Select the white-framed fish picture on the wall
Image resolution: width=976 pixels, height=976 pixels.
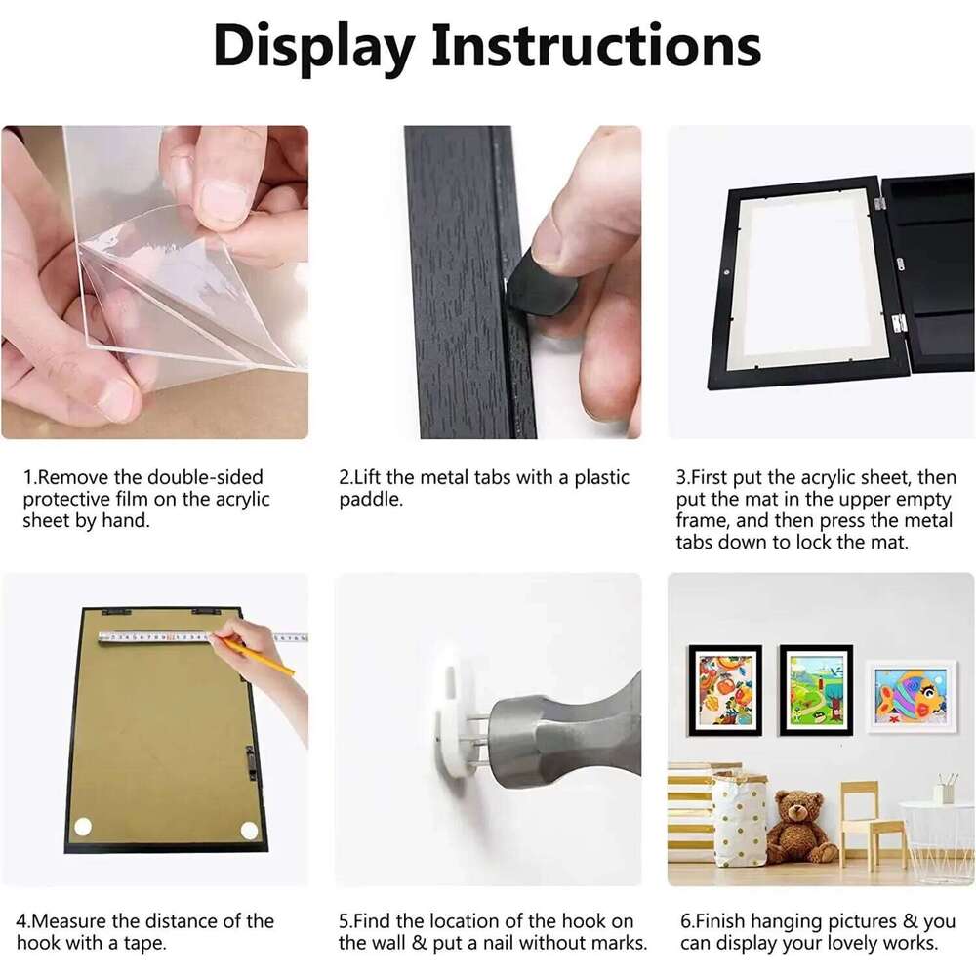click(x=910, y=696)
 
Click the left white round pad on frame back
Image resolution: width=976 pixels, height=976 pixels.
click(x=83, y=827)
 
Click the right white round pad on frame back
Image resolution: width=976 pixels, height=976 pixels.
click(x=249, y=831)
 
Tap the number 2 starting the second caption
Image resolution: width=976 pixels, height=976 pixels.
click(x=345, y=478)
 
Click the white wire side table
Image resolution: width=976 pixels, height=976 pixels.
click(x=937, y=839)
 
